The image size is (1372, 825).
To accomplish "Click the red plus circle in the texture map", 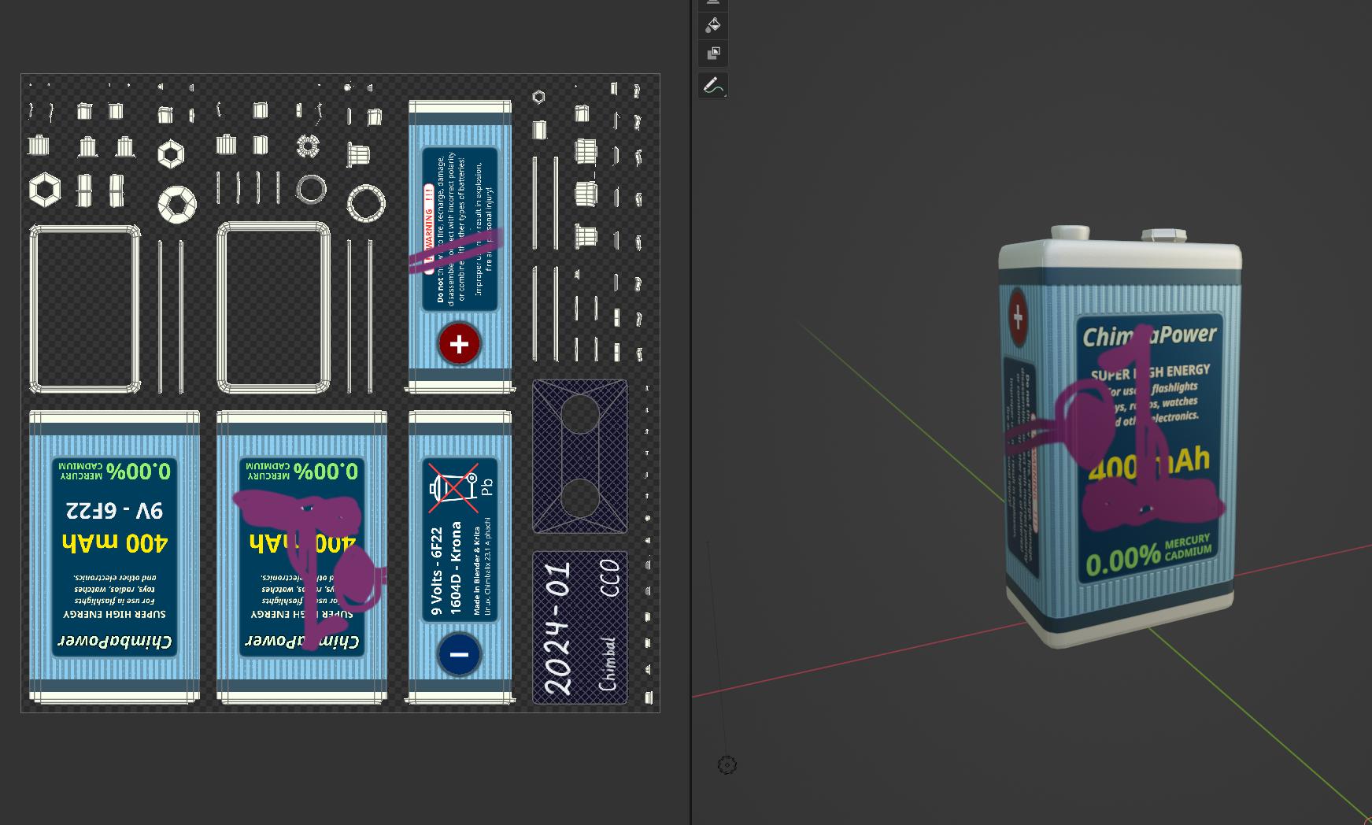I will point(459,343).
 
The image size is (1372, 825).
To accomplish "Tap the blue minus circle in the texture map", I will point(459,654).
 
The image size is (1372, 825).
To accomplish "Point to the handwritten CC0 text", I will point(609,578).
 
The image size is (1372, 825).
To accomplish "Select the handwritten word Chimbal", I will point(608,664).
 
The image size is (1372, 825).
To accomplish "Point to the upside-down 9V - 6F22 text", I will point(115,510).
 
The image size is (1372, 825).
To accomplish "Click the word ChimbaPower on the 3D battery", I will point(1149,335).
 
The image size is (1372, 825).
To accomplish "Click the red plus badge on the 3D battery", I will point(1018,317).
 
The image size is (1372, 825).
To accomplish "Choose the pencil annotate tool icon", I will point(712,85).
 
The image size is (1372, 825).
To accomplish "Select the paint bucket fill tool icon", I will point(712,25).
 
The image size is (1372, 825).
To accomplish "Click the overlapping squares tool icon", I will point(713,54).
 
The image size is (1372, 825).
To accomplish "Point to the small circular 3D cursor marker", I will point(727,765).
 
